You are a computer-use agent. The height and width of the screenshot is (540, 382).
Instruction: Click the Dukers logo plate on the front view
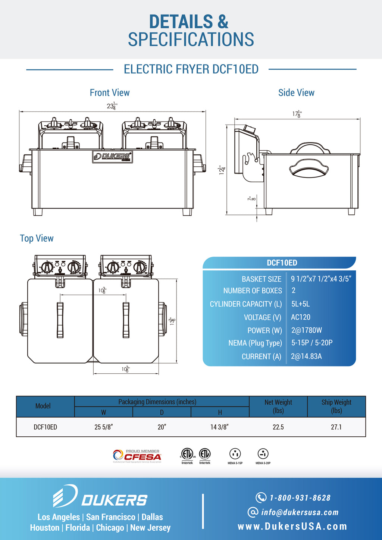(x=112, y=157)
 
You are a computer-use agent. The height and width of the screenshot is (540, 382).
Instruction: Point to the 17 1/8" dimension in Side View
(x=297, y=114)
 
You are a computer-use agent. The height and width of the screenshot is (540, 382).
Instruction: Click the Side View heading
(x=296, y=92)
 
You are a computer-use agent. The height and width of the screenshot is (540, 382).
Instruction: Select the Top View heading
(x=37, y=238)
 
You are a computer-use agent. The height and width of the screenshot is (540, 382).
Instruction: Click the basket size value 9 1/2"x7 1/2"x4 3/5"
(x=321, y=279)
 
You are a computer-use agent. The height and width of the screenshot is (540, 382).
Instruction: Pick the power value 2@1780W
(x=306, y=330)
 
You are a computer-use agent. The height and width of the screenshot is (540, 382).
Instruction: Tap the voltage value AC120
(x=300, y=317)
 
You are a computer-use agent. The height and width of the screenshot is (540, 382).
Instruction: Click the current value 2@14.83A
(x=306, y=357)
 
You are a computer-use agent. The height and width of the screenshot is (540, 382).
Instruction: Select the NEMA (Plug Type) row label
(x=255, y=343)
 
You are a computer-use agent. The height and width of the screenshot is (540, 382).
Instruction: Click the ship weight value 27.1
(x=336, y=427)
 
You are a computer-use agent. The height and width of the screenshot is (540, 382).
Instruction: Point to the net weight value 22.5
(x=278, y=427)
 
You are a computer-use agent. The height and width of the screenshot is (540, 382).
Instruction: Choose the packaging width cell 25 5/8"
(x=103, y=427)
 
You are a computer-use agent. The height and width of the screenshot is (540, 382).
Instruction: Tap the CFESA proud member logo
(x=137, y=456)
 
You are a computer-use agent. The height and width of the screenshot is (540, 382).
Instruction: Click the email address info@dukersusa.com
(x=300, y=512)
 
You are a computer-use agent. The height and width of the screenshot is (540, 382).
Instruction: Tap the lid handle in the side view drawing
(x=309, y=170)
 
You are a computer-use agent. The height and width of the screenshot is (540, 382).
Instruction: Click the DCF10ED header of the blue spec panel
(x=282, y=263)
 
